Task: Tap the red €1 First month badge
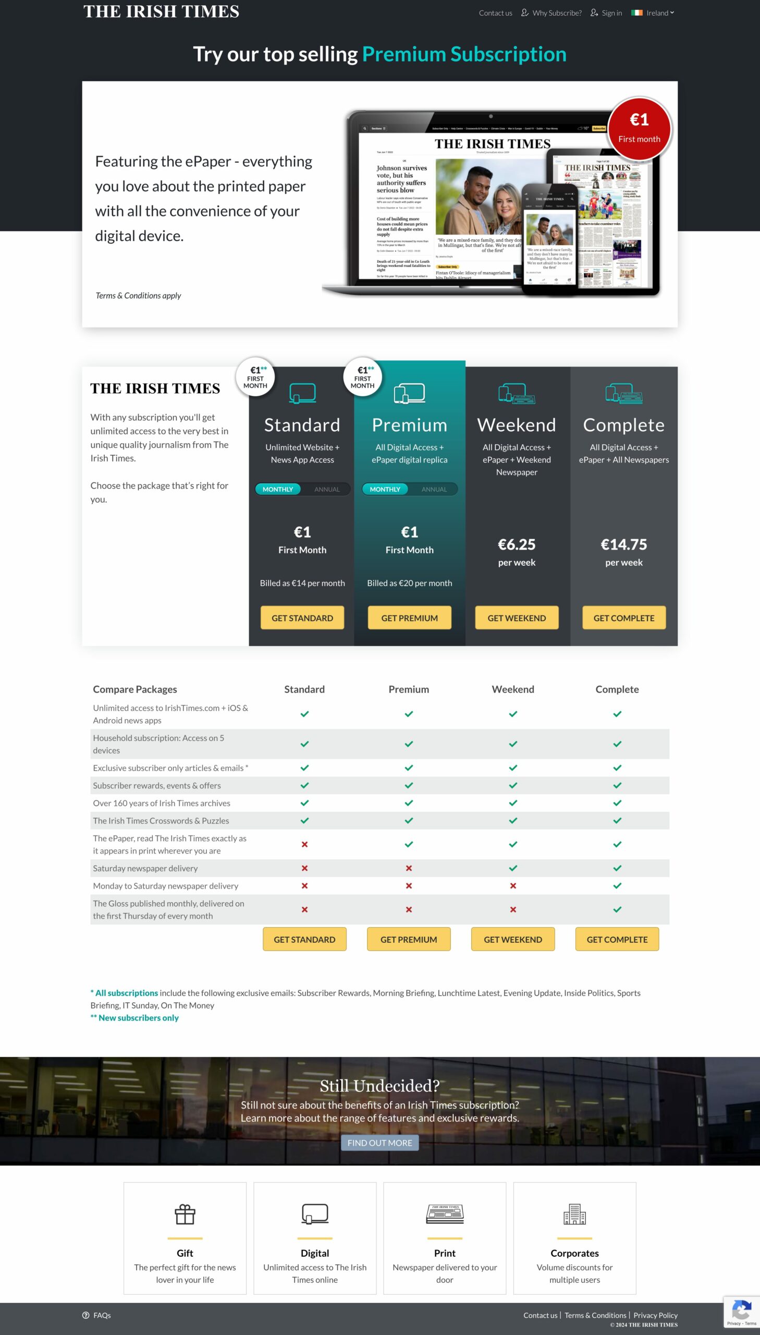pos(639,128)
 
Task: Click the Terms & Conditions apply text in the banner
pos(138,296)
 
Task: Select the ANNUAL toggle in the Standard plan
pos(327,489)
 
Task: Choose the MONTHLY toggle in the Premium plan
pos(385,489)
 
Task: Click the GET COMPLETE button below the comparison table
pos(617,939)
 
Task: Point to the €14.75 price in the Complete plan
pos(623,544)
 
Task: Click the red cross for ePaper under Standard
pos(304,844)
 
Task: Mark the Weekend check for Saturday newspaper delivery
pos(512,868)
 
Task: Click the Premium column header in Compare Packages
pos(408,689)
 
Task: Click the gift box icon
pos(185,1215)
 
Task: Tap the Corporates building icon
pos(574,1215)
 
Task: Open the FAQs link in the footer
pos(102,1315)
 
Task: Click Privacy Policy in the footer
pos(655,1315)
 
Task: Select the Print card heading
pos(444,1253)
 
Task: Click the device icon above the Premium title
pos(409,393)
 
